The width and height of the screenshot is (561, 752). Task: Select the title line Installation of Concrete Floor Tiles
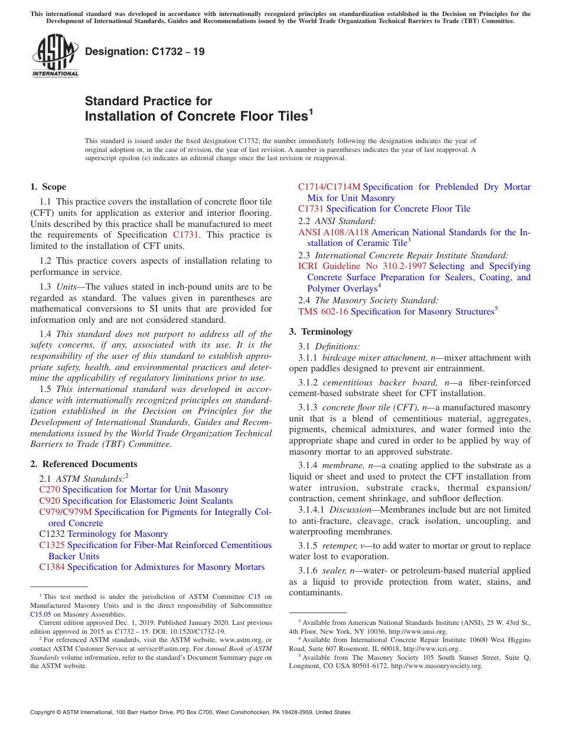[198, 116]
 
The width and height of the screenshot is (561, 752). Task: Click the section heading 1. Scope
[48, 187]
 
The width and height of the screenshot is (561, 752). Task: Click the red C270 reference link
[50, 490]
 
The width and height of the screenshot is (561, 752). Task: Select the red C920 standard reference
[50, 501]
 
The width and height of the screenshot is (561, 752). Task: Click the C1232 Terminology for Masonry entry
[103, 534]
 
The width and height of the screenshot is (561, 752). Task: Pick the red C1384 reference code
[52, 567]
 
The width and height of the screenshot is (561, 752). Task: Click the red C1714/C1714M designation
[329, 187]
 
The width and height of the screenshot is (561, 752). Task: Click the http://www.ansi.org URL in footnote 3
[418, 631]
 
